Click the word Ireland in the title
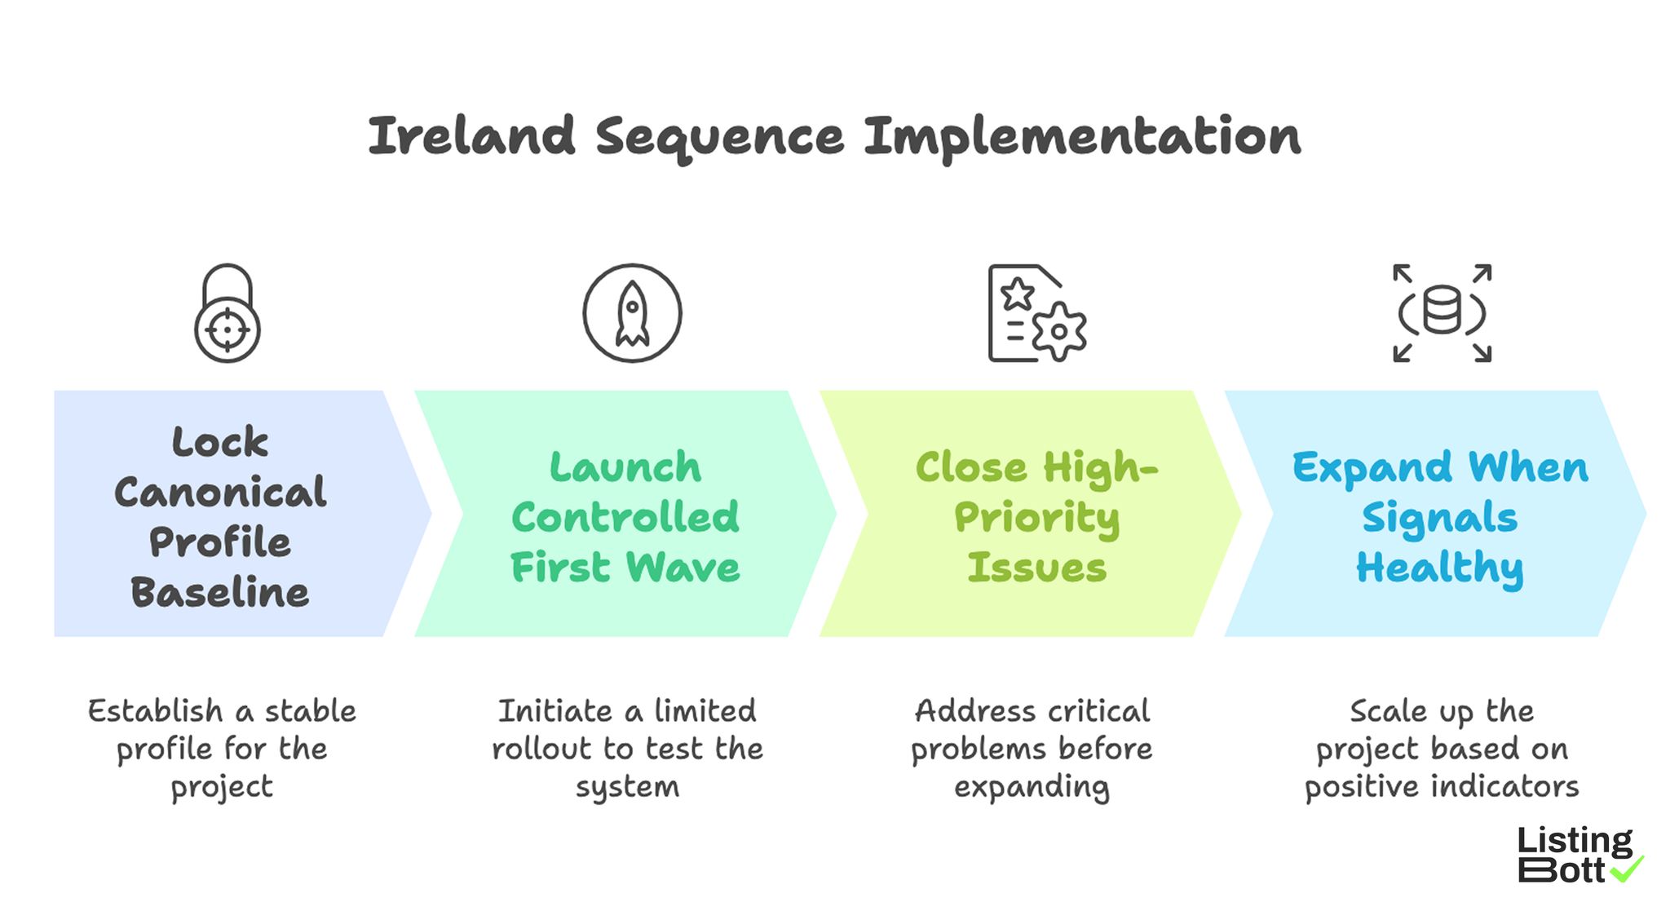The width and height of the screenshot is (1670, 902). point(471,136)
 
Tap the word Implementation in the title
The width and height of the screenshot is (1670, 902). point(1082,138)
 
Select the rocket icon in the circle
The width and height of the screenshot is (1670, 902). point(632,314)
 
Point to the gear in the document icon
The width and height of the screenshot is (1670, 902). point(1059,331)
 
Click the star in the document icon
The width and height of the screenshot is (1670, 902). point(1018,294)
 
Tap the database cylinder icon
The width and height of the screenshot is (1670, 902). point(1442,310)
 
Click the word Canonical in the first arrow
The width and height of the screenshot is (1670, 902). point(220,493)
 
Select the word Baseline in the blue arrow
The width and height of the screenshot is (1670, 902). point(220,593)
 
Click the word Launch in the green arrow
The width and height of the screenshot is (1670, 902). point(625,467)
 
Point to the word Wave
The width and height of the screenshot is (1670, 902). point(683,568)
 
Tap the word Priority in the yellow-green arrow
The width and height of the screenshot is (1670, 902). point(1036,519)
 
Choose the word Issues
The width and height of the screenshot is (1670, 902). point(1036,568)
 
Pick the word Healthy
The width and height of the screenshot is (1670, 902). point(1440,568)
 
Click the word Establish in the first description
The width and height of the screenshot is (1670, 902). point(155,711)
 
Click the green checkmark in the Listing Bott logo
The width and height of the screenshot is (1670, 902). point(1627,869)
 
